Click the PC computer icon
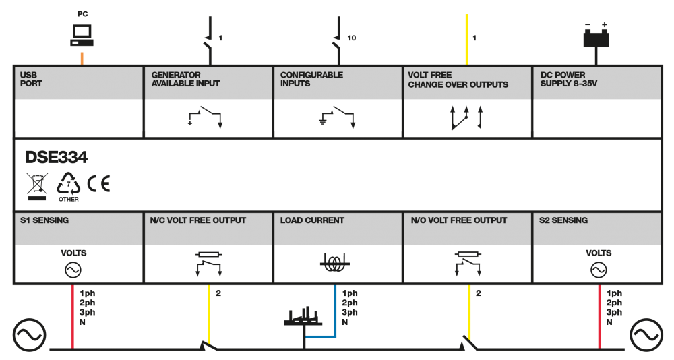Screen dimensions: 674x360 click(x=82, y=35)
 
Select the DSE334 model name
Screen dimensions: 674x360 click(x=57, y=158)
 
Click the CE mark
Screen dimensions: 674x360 click(x=98, y=183)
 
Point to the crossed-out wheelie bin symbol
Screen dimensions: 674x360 click(x=37, y=186)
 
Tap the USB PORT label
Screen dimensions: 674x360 click(x=31, y=79)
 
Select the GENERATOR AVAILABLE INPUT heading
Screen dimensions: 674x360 click(x=185, y=79)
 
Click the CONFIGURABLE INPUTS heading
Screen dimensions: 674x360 click(x=311, y=79)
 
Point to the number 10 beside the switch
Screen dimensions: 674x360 click(x=352, y=38)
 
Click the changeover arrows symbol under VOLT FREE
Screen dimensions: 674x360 click(x=466, y=117)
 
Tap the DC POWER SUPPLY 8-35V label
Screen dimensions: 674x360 click(x=569, y=79)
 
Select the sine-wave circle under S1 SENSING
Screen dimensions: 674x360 click(x=73, y=270)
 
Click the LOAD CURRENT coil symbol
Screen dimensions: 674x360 click(x=334, y=263)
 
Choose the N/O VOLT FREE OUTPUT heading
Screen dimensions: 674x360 click(x=458, y=220)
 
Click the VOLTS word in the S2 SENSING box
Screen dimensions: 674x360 click(x=599, y=253)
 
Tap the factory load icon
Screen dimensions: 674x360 click(x=303, y=316)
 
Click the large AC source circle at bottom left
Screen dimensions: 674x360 click(x=29, y=335)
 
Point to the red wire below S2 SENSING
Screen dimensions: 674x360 click(x=599, y=316)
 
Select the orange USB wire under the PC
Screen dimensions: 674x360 click(x=82, y=59)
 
